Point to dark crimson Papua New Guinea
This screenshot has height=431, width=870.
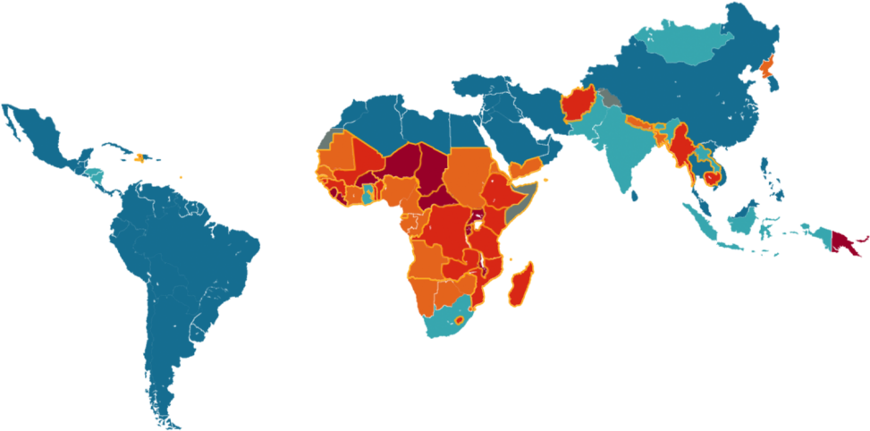[842, 241]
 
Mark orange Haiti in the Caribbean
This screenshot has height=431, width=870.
[139, 158]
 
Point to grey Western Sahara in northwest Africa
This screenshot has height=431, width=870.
[327, 139]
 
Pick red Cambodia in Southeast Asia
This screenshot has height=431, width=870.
[713, 178]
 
